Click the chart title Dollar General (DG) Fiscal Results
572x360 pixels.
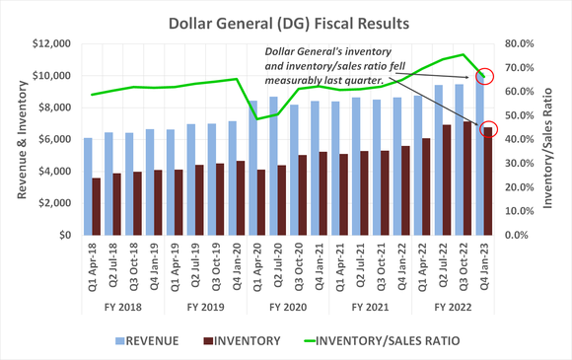286,21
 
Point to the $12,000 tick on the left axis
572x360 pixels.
50,43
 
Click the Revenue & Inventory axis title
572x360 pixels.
21,139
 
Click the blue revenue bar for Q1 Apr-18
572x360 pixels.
89,187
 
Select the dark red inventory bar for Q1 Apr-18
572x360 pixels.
97,206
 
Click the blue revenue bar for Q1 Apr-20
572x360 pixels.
251,168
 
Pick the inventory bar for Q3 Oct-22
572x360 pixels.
468,179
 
